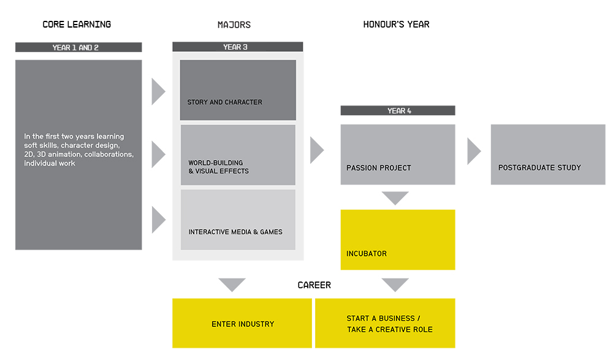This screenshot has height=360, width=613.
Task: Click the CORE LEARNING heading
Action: (x=77, y=25)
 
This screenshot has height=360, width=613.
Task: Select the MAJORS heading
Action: (x=234, y=25)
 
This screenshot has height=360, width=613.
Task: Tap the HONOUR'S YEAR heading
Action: (x=396, y=25)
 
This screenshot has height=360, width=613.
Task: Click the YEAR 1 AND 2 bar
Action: (x=78, y=47)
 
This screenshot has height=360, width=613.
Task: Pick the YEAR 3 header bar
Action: (x=238, y=47)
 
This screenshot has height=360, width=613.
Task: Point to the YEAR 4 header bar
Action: (x=398, y=110)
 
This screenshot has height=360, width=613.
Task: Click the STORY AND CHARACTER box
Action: (x=238, y=90)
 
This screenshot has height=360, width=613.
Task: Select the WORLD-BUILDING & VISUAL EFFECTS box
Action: (x=238, y=155)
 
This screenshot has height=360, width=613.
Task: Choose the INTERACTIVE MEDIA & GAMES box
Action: (x=238, y=220)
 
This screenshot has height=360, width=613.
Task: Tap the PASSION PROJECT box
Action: (x=398, y=155)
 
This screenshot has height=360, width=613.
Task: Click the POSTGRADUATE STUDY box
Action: (x=548, y=155)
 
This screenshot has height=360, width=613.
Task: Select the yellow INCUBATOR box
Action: (x=398, y=240)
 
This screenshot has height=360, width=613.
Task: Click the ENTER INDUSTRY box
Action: (x=242, y=323)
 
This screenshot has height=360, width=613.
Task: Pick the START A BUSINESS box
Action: (x=385, y=323)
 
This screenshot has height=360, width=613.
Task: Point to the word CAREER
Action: (x=314, y=285)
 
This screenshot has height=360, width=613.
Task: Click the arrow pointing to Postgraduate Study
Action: (x=474, y=151)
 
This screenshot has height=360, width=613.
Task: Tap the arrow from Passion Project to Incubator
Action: (x=395, y=198)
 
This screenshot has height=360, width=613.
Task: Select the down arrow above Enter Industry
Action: (x=232, y=285)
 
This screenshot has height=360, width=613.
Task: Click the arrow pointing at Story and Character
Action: (x=158, y=91)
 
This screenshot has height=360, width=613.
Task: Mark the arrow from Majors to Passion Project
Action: (x=317, y=150)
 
